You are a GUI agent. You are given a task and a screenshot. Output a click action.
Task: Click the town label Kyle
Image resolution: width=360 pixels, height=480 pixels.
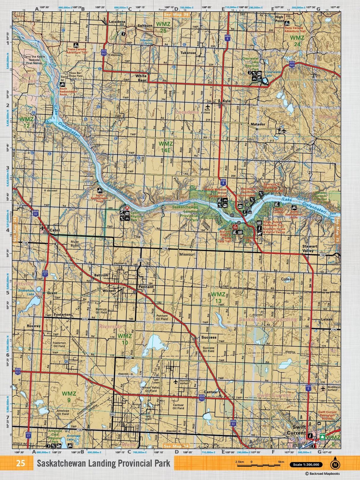coord(226,101)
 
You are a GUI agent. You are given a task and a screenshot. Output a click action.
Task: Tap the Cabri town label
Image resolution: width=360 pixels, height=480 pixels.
coord(55,230)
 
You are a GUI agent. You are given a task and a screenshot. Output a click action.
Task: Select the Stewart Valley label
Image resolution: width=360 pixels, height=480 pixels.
coord(310,248)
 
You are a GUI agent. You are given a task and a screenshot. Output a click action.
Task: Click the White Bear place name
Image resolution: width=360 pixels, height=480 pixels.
coord(141,78)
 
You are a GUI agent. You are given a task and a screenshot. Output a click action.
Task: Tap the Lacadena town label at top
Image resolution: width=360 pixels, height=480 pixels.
coord(117,22)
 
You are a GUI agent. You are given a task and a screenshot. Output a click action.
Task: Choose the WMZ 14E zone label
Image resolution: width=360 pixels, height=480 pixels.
coord(165,147)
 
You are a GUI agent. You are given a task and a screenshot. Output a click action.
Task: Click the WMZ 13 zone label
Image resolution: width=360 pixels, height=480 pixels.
coord(218,297)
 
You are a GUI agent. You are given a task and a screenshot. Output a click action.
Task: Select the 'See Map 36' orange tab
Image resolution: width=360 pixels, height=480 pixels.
coord(176,14)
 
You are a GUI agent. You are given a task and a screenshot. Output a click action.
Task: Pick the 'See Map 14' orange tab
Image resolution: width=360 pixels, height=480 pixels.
coord(176,446)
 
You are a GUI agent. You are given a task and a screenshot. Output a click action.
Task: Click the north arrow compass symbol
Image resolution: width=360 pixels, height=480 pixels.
coord(335,465)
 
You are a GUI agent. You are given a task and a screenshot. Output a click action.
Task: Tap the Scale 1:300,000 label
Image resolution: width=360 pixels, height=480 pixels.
coord(306,465)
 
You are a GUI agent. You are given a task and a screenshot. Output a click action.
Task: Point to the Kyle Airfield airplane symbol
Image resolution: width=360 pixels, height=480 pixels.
coord(207,106)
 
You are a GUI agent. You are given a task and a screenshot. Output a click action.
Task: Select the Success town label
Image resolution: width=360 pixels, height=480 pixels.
coord(209,337)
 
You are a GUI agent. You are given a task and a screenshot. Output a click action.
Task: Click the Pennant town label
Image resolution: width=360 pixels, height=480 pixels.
coord(146,287)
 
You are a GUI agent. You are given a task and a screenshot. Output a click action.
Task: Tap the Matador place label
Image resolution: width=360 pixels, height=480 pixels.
coord(258,124)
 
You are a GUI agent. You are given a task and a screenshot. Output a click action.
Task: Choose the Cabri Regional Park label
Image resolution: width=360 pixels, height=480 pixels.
coord(137,216)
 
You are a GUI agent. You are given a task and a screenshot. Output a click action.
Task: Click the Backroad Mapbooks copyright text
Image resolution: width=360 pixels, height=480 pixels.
coord(323,474)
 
